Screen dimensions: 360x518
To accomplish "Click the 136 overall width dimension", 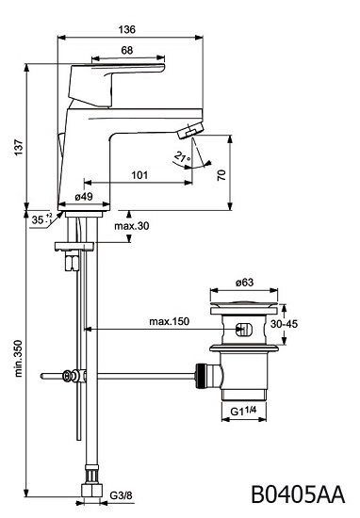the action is [127, 30].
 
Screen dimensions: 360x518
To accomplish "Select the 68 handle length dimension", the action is [127, 50].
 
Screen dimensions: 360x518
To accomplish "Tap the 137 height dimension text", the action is [19, 147].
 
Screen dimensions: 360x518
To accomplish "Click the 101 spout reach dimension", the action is [139, 175].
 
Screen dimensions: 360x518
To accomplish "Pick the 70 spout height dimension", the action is [221, 174].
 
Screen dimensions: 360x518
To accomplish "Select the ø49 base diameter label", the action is [84, 197].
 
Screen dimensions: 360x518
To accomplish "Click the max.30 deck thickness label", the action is [132, 226].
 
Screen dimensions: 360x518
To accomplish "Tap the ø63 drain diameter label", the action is [245, 283].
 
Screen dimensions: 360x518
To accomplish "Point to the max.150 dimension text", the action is [170, 321].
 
